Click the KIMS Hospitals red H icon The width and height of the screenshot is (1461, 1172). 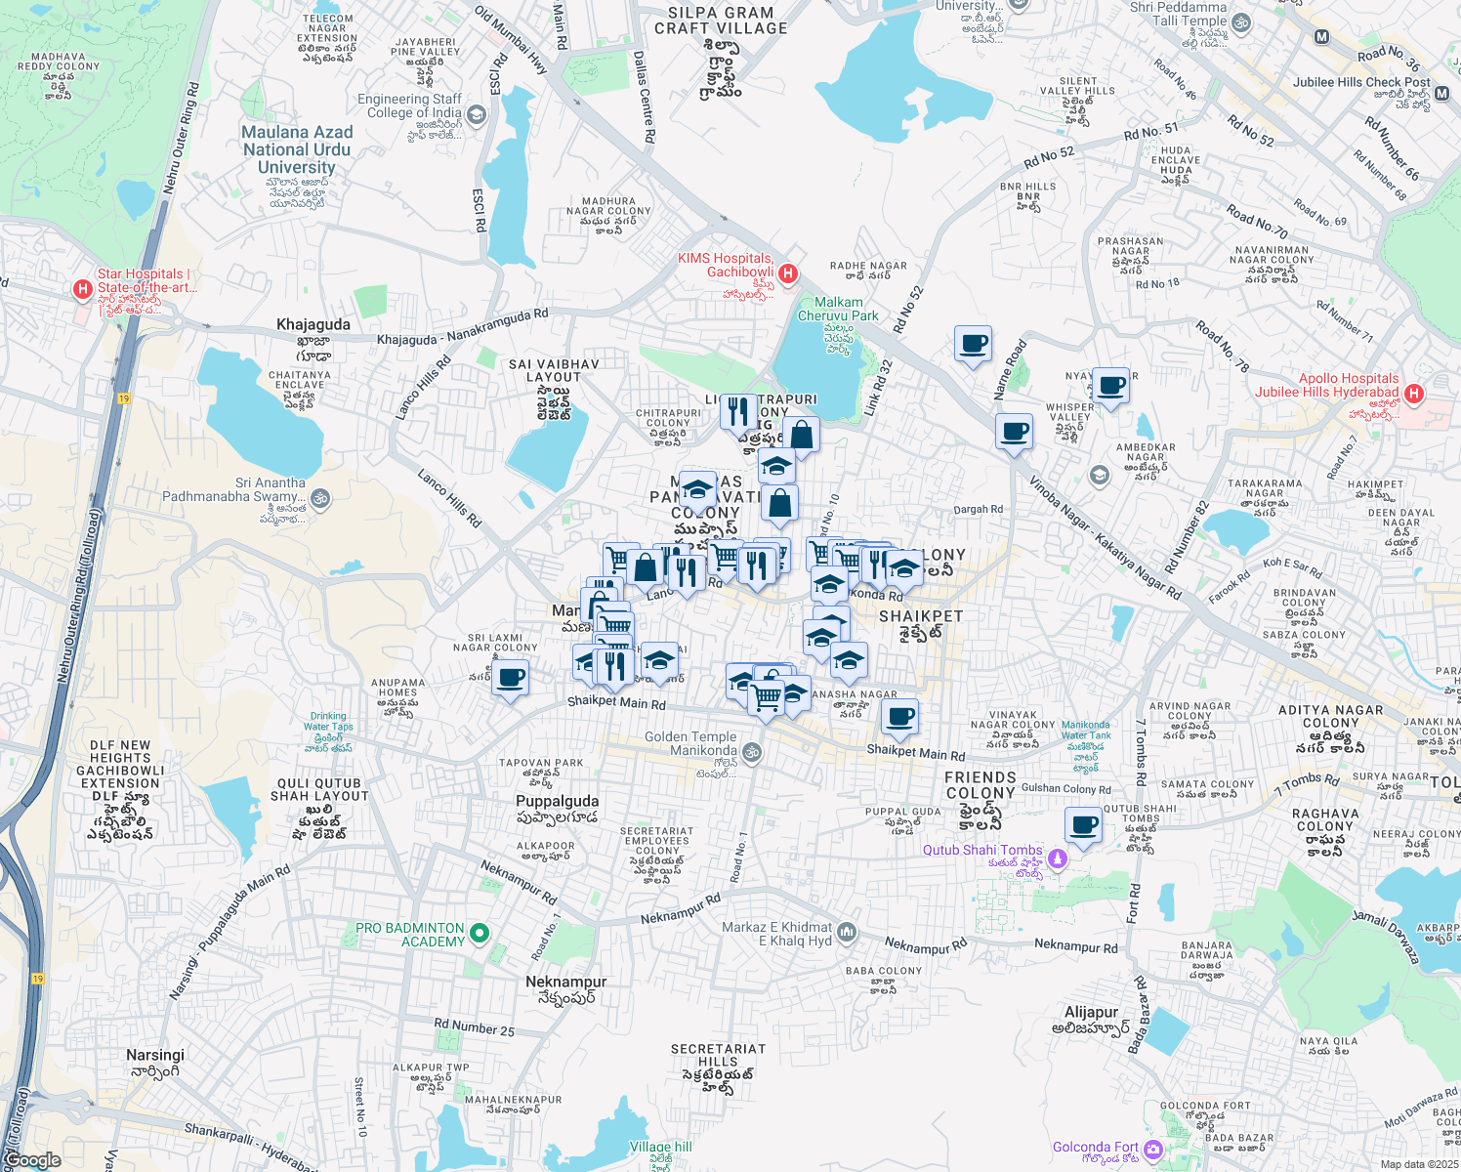[x=788, y=273]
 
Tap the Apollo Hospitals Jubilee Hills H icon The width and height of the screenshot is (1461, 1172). [x=1412, y=394]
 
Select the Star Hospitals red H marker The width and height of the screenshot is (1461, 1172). [x=83, y=289]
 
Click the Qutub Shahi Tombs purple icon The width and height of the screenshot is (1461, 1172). [x=1056, y=859]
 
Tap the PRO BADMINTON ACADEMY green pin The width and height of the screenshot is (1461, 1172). [x=479, y=934]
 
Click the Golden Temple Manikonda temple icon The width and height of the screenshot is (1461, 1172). [x=751, y=752]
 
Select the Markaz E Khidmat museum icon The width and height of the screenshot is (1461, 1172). [x=846, y=932]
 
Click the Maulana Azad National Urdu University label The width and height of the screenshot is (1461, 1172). [x=297, y=149]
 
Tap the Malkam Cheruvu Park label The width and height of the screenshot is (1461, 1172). [x=838, y=309]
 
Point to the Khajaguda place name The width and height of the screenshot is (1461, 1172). [x=313, y=324]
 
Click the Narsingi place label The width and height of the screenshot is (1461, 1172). [x=155, y=1055]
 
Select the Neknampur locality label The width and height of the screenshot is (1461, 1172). [x=565, y=982]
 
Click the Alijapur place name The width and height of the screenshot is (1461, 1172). [x=1091, y=1012]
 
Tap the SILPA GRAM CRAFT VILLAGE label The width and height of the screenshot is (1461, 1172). [x=721, y=21]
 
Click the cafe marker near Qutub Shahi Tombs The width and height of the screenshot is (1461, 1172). [x=1083, y=824]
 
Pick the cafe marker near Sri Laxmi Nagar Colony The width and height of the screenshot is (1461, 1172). [x=510, y=677]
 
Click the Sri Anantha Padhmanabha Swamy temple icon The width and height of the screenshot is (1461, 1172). [x=319, y=499]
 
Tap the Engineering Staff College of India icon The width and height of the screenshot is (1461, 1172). [x=476, y=115]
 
